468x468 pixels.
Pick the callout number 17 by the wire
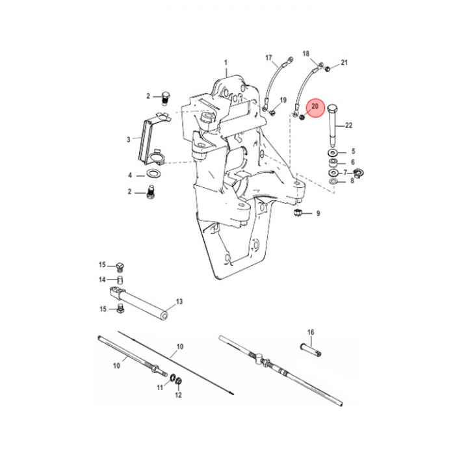(268, 58)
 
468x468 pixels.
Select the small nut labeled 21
(328, 67)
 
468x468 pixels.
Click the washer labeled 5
(332, 152)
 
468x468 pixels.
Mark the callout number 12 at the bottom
(178, 395)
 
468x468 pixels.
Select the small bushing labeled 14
(121, 281)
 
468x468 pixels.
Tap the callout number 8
(353, 181)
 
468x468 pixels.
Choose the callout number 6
(353, 162)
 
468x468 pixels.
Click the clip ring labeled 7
(356, 173)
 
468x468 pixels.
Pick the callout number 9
(318, 213)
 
